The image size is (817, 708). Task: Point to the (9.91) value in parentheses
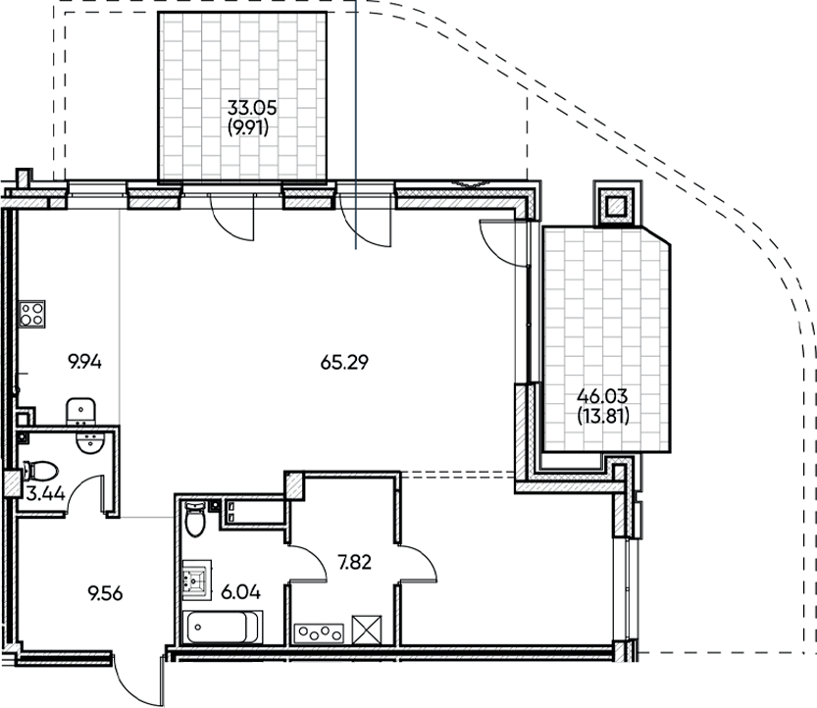[247, 126]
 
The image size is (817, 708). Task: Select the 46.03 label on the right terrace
[602, 397]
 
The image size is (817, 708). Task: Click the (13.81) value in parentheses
[602, 414]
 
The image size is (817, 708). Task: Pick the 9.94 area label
[85, 362]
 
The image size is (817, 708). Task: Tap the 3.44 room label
[46, 494]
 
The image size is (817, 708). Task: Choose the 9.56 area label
[105, 593]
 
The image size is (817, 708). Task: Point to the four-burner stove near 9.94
[31, 313]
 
